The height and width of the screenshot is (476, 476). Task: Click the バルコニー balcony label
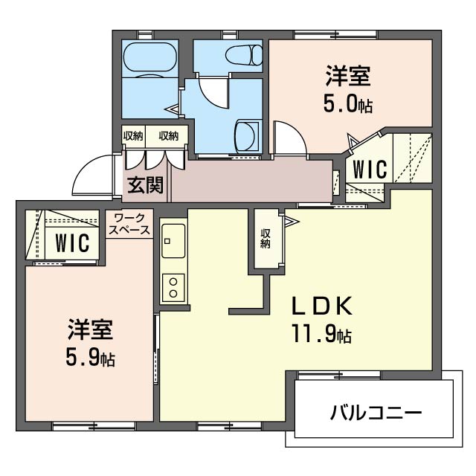click(x=376, y=413)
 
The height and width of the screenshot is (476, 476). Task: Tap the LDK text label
click(x=322, y=306)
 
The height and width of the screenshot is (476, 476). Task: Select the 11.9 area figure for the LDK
click(x=322, y=334)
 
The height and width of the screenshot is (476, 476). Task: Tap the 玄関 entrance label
click(x=146, y=184)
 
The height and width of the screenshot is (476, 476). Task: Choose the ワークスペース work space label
click(x=129, y=224)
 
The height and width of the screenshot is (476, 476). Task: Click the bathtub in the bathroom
click(x=149, y=59)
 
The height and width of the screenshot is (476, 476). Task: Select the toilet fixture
click(x=244, y=55)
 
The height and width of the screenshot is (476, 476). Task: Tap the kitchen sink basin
click(x=173, y=241)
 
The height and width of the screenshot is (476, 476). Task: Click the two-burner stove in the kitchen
click(x=173, y=288)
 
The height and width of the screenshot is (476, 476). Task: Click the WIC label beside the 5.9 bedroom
click(x=72, y=242)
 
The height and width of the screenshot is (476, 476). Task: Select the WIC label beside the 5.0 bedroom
click(x=370, y=169)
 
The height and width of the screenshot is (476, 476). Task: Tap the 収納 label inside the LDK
click(x=265, y=239)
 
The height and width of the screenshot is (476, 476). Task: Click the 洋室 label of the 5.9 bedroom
click(x=91, y=329)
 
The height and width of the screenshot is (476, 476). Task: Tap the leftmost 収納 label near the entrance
click(x=133, y=136)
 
